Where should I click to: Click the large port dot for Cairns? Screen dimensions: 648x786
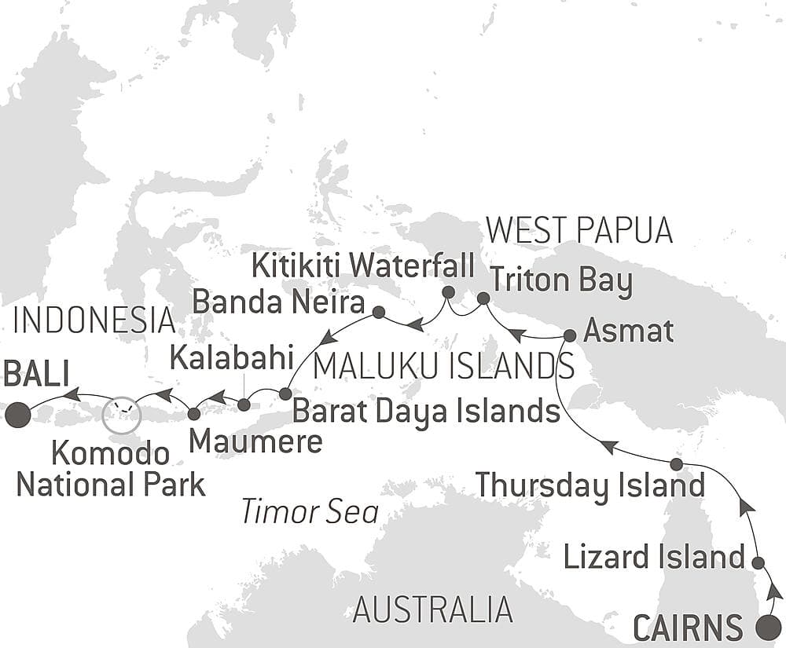point(768,628)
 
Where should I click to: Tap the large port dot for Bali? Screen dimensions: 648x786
point(17,415)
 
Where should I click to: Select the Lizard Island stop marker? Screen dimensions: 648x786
point(758,562)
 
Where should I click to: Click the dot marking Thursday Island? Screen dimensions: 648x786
point(676,463)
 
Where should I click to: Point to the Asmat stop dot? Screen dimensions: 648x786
point(570,335)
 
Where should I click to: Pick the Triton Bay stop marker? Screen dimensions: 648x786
point(483,298)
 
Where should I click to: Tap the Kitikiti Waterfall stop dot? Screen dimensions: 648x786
point(448,292)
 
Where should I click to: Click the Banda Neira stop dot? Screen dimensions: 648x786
point(378,312)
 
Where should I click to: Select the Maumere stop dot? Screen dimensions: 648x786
point(193,412)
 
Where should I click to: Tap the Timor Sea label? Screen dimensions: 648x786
point(310,511)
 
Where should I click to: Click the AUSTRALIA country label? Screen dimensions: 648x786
point(432,609)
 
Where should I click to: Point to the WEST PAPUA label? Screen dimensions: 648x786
point(579,230)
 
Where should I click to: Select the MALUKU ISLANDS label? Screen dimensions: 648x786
point(443,365)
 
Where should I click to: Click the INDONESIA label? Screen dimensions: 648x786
point(94,320)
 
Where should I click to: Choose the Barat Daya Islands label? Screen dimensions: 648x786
point(425,409)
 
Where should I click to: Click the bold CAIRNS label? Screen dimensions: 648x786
point(689,628)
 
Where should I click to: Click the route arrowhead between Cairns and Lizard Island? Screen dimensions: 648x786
point(774,591)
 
